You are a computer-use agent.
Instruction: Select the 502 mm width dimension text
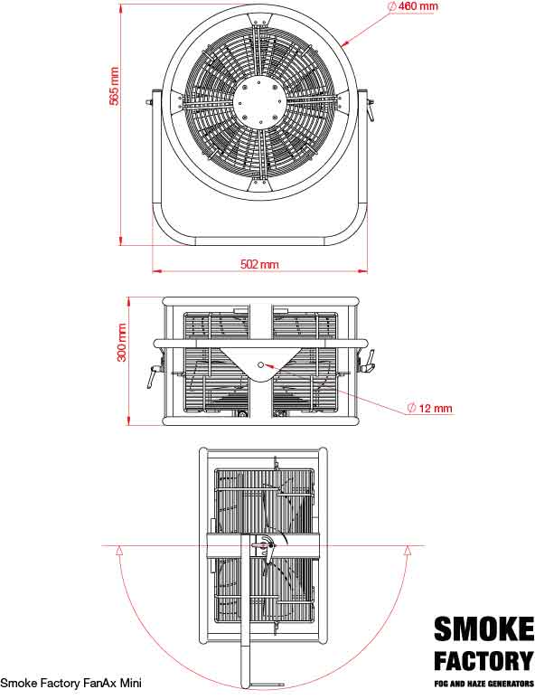pyautogui.click(x=259, y=264)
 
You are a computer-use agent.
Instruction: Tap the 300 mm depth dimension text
pyautogui.click(x=122, y=344)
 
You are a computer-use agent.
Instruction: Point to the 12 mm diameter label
pyautogui.click(x=429, y=409)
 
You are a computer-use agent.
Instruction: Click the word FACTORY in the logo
pyautogui.click(x=483, y=659)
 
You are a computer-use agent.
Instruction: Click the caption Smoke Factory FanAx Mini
pyautogui.click(x=70, y=683)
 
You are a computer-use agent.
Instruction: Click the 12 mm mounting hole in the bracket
pyautogui.click(x=260, y=364)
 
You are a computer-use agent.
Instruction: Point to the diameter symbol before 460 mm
pyautogui.click(x=391, y=6)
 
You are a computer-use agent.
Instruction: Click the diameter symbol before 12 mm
pyautogui.click(x=411, y=409)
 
